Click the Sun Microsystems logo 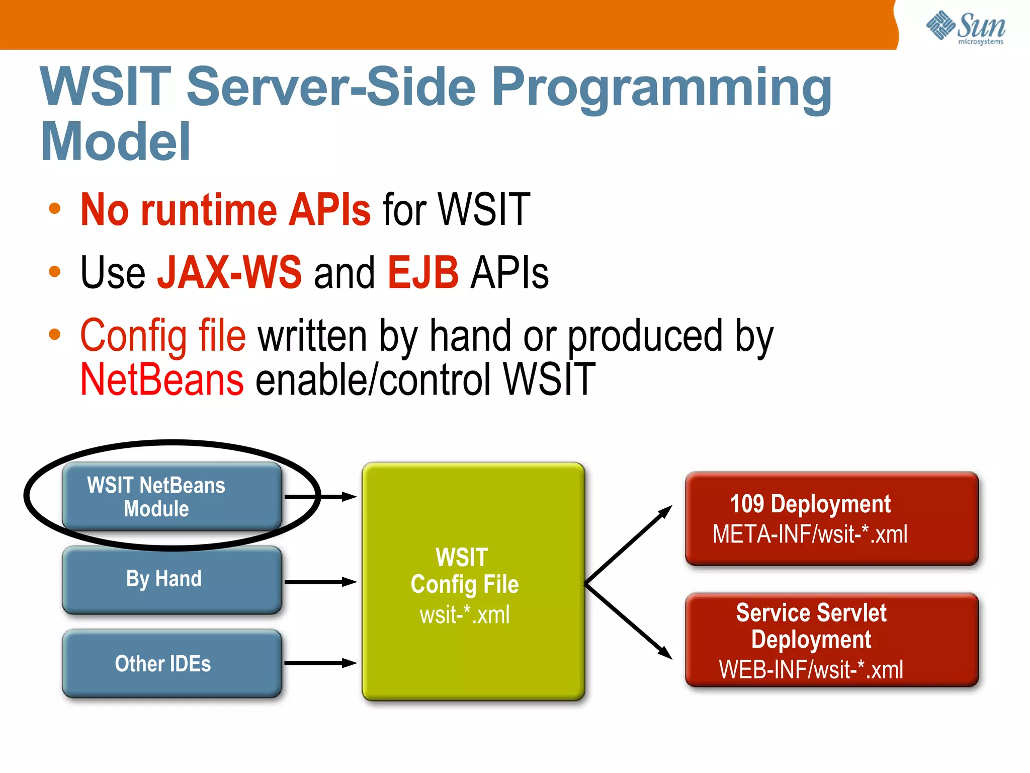point(966,28)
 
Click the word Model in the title point(116,142)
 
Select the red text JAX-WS point(229,272)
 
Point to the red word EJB point(423,272)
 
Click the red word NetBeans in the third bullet point(162,380)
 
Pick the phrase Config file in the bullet point(163,336)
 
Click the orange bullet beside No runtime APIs point(54,209)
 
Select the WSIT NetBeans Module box point(171,496)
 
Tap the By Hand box point(171,580)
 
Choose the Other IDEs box point(171,664)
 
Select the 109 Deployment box point(831,518)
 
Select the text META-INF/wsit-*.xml point(810,534)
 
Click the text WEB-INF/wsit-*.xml point(811,670)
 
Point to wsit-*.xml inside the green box point(465,615)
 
